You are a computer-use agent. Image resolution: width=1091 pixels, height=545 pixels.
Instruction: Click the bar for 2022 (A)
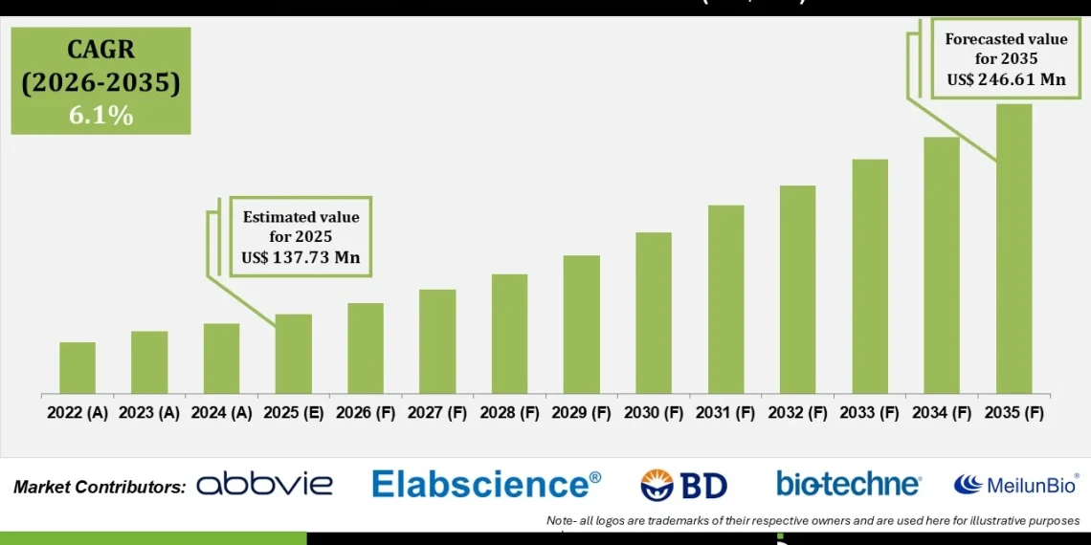(78, 368)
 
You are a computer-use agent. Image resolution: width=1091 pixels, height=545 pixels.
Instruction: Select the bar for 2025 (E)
(293, 354)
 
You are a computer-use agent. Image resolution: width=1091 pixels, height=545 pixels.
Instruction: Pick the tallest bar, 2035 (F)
(1013, 249)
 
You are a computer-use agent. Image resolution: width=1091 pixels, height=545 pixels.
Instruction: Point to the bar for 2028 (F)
(509, 334)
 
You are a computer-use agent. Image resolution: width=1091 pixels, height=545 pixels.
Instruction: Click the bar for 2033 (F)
(870, 276)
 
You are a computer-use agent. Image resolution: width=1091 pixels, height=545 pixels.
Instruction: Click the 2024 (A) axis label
(221, 413)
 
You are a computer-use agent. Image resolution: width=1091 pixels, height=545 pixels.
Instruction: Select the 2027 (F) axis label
(437, 413)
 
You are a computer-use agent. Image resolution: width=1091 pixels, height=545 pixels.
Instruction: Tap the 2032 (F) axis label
(797, 413)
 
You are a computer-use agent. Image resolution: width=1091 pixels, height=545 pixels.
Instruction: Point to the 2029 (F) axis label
(581, 413)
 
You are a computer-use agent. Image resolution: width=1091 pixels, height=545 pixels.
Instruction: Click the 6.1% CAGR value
(100, 116)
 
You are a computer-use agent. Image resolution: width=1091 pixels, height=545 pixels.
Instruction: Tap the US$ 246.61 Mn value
(1006, 79)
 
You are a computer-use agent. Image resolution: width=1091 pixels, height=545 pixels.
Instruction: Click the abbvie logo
(265, 485)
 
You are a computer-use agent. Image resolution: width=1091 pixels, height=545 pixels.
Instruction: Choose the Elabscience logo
(486, 484)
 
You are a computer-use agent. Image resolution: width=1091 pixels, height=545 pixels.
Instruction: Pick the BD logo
(683, 485)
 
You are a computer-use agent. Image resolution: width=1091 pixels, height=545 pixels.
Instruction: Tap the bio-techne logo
(848, 484)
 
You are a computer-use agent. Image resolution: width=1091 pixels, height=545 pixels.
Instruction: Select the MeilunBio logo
(1015, 484)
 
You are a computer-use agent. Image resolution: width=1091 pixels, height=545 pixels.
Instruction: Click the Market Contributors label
(100, 488)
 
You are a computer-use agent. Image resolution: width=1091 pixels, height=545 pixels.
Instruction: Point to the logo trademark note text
(813, 520)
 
